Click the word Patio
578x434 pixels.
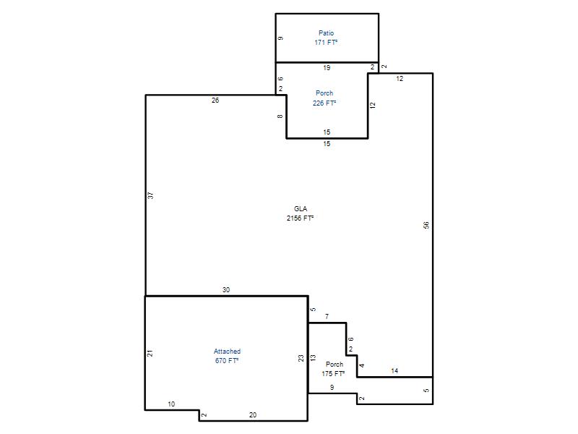(327, 33)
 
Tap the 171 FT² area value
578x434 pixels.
(326, 43)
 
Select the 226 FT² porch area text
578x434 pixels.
(324, 103)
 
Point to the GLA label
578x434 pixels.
(301, 209)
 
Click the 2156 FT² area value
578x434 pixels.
(300, 218)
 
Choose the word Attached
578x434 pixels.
(227, 352)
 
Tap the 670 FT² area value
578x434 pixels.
(227, 360)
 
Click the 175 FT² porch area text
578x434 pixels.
(333, 373)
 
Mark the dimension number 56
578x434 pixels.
(426, 225)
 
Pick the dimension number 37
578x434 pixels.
(150, 195)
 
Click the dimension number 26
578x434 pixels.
(215, 101)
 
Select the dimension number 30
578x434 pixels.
(226, 290)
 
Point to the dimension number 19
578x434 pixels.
(327, 67)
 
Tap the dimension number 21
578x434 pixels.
(150, 353)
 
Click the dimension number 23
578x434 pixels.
(301, 358)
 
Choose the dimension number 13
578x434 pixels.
(313, 357)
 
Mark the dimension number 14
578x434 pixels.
(394, 371)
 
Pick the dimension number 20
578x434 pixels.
(252, 414)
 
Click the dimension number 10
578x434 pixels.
(171, 404)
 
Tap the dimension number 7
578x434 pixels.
(327, 316)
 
